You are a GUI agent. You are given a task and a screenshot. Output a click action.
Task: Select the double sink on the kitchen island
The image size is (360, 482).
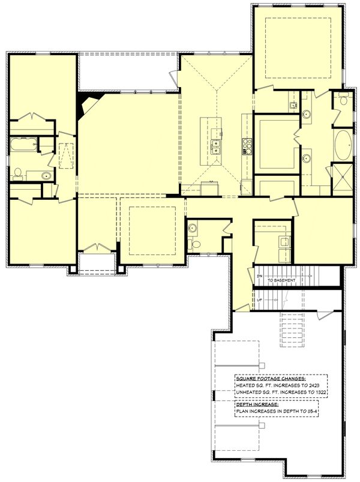click(x=215, y=145)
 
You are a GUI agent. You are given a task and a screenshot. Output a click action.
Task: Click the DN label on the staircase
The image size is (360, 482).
click(x=259, y=276)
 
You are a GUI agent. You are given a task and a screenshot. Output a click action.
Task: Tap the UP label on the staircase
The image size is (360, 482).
click(x=259, y=300)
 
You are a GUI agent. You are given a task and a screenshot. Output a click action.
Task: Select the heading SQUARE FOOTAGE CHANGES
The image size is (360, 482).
click(x=270, y=379)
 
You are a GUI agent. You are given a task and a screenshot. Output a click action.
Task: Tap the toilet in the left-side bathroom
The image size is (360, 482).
click(x=18, y=175)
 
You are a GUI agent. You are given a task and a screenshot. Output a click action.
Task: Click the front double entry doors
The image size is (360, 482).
click(x=96, y=249)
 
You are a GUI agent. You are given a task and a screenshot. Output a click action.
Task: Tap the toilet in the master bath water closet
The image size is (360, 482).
click(x=343, y=100)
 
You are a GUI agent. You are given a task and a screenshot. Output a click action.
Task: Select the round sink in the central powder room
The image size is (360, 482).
click(x=193, y=228)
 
